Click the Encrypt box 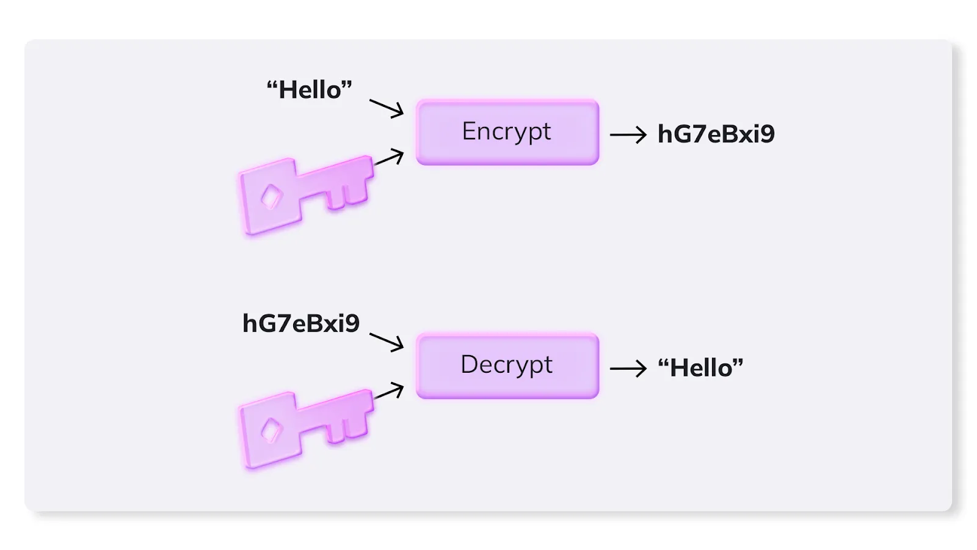coord(507,132)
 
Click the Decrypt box coord(507,365)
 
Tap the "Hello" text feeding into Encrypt coord(309,90)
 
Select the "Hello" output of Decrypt coord(700,368)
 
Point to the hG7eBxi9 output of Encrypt coord(716,134)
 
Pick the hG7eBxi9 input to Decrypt coord(301,323)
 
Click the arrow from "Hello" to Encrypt coord(387,108)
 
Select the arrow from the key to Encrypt coord(389,158)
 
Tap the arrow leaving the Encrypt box coord(628,134)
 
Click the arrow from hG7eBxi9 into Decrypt coord(387,342)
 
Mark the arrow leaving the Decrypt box coord(628,368)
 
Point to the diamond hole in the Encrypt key coord(271,197)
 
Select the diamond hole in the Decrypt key coord(271,430)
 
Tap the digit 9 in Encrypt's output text coord(767,134)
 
